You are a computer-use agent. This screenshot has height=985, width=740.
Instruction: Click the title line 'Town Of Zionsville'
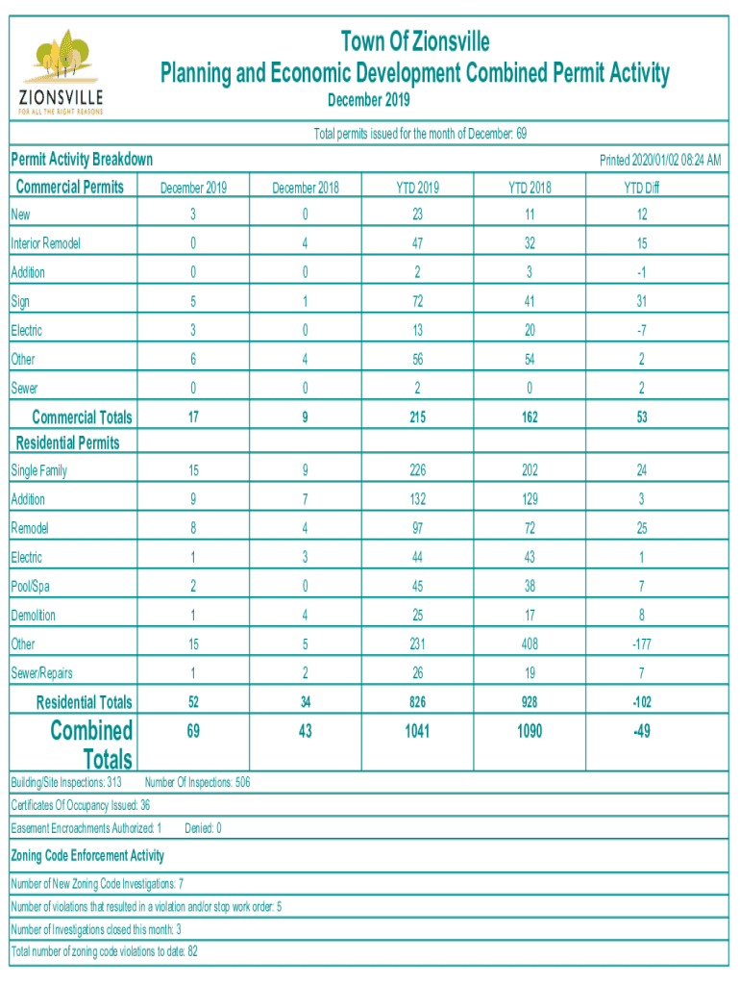point(415,42)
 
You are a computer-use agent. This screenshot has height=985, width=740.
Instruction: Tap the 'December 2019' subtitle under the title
point(368,100)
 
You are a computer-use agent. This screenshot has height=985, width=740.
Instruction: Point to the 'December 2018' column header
point(305,188)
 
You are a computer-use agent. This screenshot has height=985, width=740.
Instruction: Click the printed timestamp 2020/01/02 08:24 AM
point(659,160)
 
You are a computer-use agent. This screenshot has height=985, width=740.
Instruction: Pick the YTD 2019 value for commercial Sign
point(417,302)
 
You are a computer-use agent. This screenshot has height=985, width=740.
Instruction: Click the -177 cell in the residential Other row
point(641,644)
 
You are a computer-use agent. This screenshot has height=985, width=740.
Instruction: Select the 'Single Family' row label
point(39,471)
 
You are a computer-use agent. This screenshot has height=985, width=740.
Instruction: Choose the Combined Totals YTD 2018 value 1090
point(529,732)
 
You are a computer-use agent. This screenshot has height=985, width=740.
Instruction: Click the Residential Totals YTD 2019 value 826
point(417,702)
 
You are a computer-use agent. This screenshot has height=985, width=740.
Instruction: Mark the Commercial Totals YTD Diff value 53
point(641,417)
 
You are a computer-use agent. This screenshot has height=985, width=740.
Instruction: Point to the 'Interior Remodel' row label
point(45,244)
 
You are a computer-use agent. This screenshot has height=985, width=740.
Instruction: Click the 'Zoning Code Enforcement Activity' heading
point(87,855)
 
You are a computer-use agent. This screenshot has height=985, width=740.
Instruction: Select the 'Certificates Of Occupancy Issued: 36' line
point(81,805)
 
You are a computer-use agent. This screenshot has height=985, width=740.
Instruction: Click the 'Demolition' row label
point(34,616)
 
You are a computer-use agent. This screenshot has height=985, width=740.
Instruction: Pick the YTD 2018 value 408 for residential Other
point(529,644)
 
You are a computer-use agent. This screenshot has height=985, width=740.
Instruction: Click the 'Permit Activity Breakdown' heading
point(82,160)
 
